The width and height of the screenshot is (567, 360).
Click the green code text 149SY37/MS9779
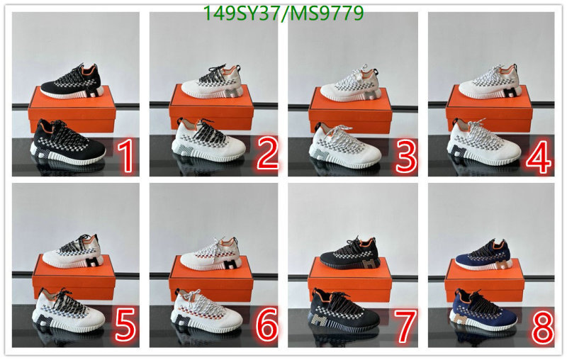pyautogui.click(x=283, y=13)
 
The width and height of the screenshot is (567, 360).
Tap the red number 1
pyautogui.click(x=125, y=157)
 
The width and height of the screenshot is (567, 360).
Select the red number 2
pyautogui.click(x=268, y=154)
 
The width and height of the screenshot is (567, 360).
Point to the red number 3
pyautogui.click(x=406, y=157)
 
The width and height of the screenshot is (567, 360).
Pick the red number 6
pyautogui.click(x=267, y=325)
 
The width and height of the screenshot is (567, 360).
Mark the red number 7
pyautogui.click(x=405, y=326)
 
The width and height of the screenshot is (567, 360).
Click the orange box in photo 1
pyautogui.click(x=72, y=109)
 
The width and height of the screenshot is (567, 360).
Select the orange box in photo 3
pyautogui.click(x=350, y=111)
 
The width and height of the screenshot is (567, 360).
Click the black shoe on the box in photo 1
pyautogui.click(x=71, y=82)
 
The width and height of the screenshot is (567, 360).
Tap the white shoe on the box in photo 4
pyautogui.click(x=489, y=82)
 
